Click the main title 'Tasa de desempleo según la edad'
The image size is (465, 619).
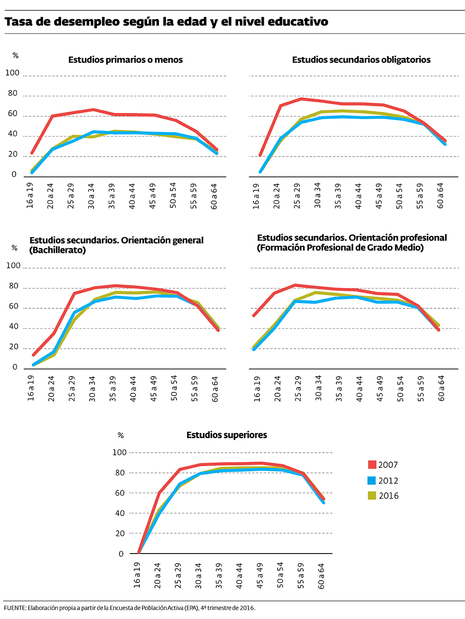(166, 22)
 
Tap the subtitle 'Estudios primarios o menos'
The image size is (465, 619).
(125, 60)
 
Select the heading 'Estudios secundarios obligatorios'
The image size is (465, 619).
(361, 60)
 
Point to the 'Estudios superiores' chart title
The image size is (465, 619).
(226, 435)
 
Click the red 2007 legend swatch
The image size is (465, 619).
(372, 465)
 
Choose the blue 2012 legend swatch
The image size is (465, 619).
(372, 480)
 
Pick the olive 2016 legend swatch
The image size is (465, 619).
(372, 496)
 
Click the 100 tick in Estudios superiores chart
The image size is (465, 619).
(120, 453)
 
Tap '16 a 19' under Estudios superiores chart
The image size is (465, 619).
(137, 575)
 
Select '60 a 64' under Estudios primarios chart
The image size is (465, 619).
(214, 195)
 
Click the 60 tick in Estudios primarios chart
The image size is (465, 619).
(12, 114)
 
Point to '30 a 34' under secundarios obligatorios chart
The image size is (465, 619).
(318, 195)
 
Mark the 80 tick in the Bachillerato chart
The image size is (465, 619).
(13, 286)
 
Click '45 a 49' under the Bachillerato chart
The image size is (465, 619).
(154, 389)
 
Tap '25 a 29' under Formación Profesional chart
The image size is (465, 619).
(298, 389)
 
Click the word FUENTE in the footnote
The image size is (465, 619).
(15, 608)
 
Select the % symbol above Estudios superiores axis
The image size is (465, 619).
(121, 435)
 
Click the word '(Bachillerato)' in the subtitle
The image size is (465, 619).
(57, 250)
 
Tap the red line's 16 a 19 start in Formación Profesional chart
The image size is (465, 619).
(255, 315)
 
